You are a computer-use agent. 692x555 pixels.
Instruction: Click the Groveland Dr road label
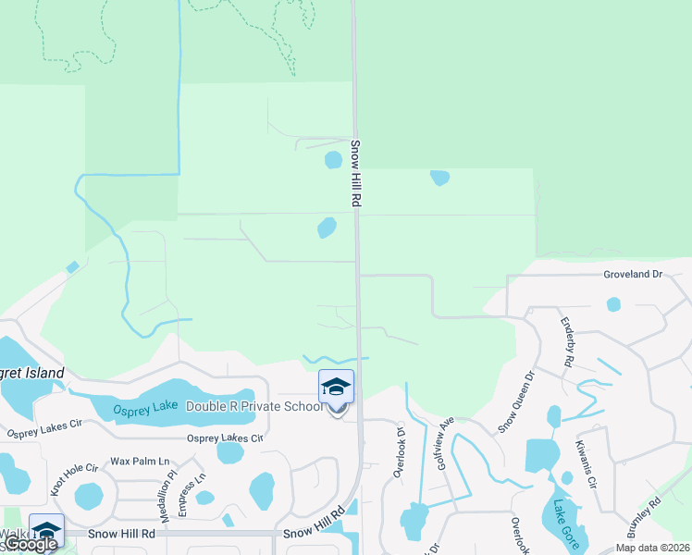(x=634, y=275)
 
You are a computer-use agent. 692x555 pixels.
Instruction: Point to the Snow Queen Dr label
(x=517, y=402)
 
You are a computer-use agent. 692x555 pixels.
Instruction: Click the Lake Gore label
(x=566, y=524)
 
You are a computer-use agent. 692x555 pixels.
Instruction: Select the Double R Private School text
(x=254, y=406)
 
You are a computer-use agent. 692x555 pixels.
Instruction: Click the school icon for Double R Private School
(x=336, y=386)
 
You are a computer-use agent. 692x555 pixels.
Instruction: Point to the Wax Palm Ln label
(x=141, y=461)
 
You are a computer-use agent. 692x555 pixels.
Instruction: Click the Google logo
(x=31, y=545)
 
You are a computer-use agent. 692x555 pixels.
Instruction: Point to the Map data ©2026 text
(x=652, y=548)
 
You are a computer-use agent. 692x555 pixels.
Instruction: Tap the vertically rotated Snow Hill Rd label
(x=355, y=174)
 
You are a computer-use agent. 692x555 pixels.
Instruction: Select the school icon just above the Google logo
(x=46, y=529)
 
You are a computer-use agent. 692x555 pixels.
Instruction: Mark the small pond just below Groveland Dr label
(x=613, y=303)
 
